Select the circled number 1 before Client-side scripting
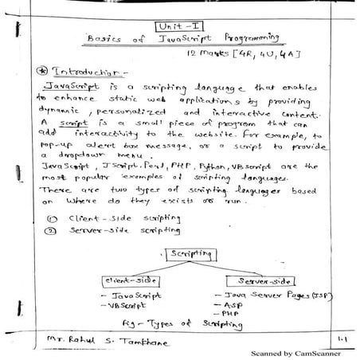click(x=51, y=217)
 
